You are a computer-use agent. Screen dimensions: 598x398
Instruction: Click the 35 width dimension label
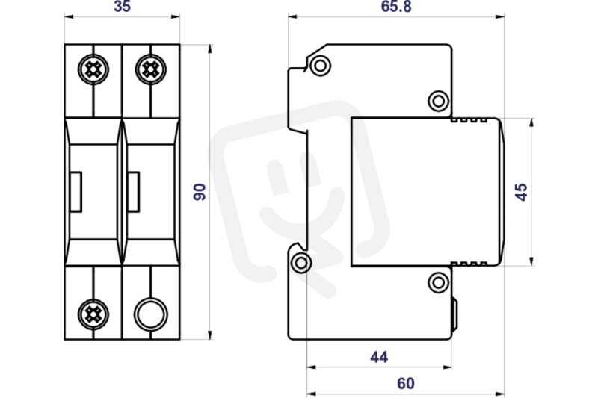122,6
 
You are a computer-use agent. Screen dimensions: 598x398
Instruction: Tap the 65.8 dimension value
396,7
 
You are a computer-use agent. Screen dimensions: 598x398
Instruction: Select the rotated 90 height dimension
199,192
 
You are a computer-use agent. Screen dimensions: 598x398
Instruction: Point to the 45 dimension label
521,192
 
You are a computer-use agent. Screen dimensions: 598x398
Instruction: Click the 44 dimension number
379,357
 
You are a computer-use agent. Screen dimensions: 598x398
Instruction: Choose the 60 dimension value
405,383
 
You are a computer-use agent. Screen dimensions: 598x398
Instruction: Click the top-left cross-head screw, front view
93,69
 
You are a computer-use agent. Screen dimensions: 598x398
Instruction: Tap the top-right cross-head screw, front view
151,69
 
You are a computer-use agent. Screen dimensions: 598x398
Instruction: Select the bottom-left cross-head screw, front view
93,314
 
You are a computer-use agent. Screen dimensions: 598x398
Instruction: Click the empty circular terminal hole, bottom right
151,314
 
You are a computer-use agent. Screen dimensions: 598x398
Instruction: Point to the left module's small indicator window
75,192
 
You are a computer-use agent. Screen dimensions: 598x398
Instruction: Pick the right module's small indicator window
133,192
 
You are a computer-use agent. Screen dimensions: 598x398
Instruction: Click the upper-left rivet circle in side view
321,66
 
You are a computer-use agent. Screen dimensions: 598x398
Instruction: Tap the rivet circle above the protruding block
439,101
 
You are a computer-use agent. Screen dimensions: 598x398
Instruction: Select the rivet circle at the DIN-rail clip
301,263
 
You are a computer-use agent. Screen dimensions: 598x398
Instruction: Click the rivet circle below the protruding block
439,282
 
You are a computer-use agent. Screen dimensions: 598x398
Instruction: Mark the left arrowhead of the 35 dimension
69,16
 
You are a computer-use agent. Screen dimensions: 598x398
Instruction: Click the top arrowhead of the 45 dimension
531,122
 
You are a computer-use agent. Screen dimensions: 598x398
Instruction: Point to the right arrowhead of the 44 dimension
447,367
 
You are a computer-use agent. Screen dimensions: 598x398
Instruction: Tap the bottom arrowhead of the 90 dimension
210,335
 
